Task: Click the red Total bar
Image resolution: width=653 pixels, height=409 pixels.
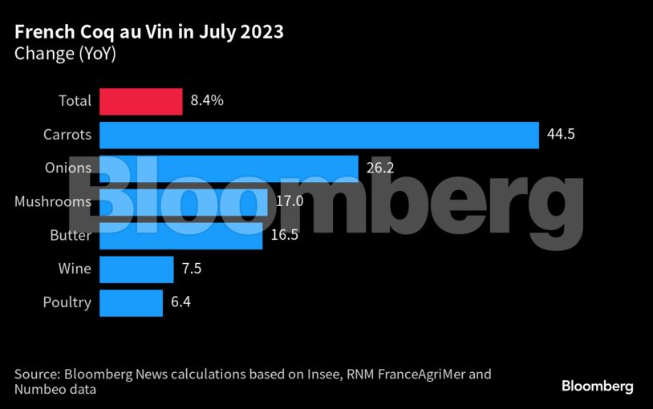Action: coord(140,101)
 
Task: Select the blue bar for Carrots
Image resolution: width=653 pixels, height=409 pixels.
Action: coord(318,135)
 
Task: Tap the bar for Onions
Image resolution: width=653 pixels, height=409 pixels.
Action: coord(229,168)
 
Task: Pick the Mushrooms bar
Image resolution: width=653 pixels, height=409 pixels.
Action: coord(183,202)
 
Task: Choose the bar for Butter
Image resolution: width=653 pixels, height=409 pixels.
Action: coord(180,236)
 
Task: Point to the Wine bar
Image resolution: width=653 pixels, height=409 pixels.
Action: coord(136,269)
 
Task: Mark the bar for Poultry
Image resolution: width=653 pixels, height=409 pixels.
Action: coord(131,303)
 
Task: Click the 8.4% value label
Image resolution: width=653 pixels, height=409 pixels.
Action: coord(207,101)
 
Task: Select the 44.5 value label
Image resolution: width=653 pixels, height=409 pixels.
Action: coord(561,135)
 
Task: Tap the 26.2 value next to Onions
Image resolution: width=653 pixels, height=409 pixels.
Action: coord(379,168)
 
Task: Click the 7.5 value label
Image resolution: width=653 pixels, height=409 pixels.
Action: coord(191,269)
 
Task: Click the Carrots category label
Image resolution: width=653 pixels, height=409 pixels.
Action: coord(67,135)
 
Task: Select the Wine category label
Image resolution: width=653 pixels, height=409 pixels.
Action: coord(75,269)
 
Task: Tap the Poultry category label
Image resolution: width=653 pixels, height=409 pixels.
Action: coord(67,303)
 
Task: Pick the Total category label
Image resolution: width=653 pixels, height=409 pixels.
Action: coord(75,101)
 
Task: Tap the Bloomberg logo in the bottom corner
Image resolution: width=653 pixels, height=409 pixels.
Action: coord(597,387)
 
